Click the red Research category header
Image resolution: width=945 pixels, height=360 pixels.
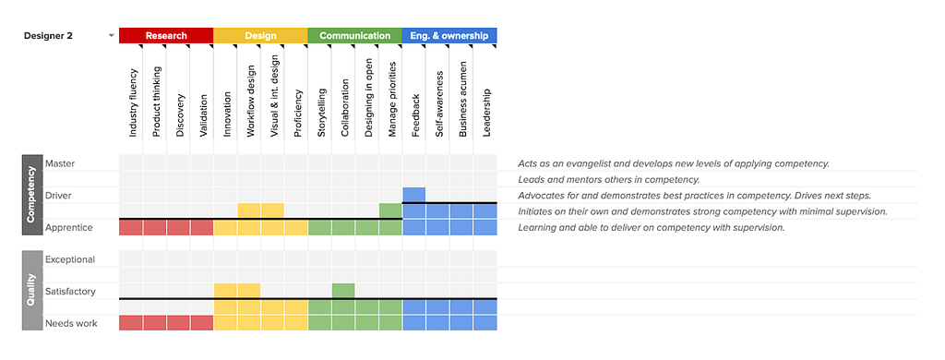point(166,36)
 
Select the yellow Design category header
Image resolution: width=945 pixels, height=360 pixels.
point(260,36)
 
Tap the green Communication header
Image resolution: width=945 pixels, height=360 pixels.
point(355,36)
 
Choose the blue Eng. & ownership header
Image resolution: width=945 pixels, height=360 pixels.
point(449,36)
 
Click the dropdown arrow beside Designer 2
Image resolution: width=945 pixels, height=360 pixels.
point(111,36)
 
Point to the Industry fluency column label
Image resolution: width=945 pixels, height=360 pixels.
point(133,102)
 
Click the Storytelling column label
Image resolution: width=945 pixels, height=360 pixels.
point(322,113)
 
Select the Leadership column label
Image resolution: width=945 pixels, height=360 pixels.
point(487,113)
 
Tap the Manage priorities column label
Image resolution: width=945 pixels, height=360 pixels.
point(393,98)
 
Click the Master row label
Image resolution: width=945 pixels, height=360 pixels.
point(60,163)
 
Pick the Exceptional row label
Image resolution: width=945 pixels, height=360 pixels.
point(70,259)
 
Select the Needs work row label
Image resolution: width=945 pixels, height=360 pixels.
point(71,323)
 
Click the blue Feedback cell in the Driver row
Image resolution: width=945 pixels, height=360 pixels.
point(414,195)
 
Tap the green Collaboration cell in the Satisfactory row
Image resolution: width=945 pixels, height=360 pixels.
point(343,291)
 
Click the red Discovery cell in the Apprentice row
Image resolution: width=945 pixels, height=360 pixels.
point(178,227)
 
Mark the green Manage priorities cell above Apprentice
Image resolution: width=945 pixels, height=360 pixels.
point(390,210)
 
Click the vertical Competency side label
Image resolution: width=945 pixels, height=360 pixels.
point(32,195)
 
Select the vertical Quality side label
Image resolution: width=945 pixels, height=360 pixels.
point(32,292)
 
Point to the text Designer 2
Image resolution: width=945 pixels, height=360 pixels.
point(48,36)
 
